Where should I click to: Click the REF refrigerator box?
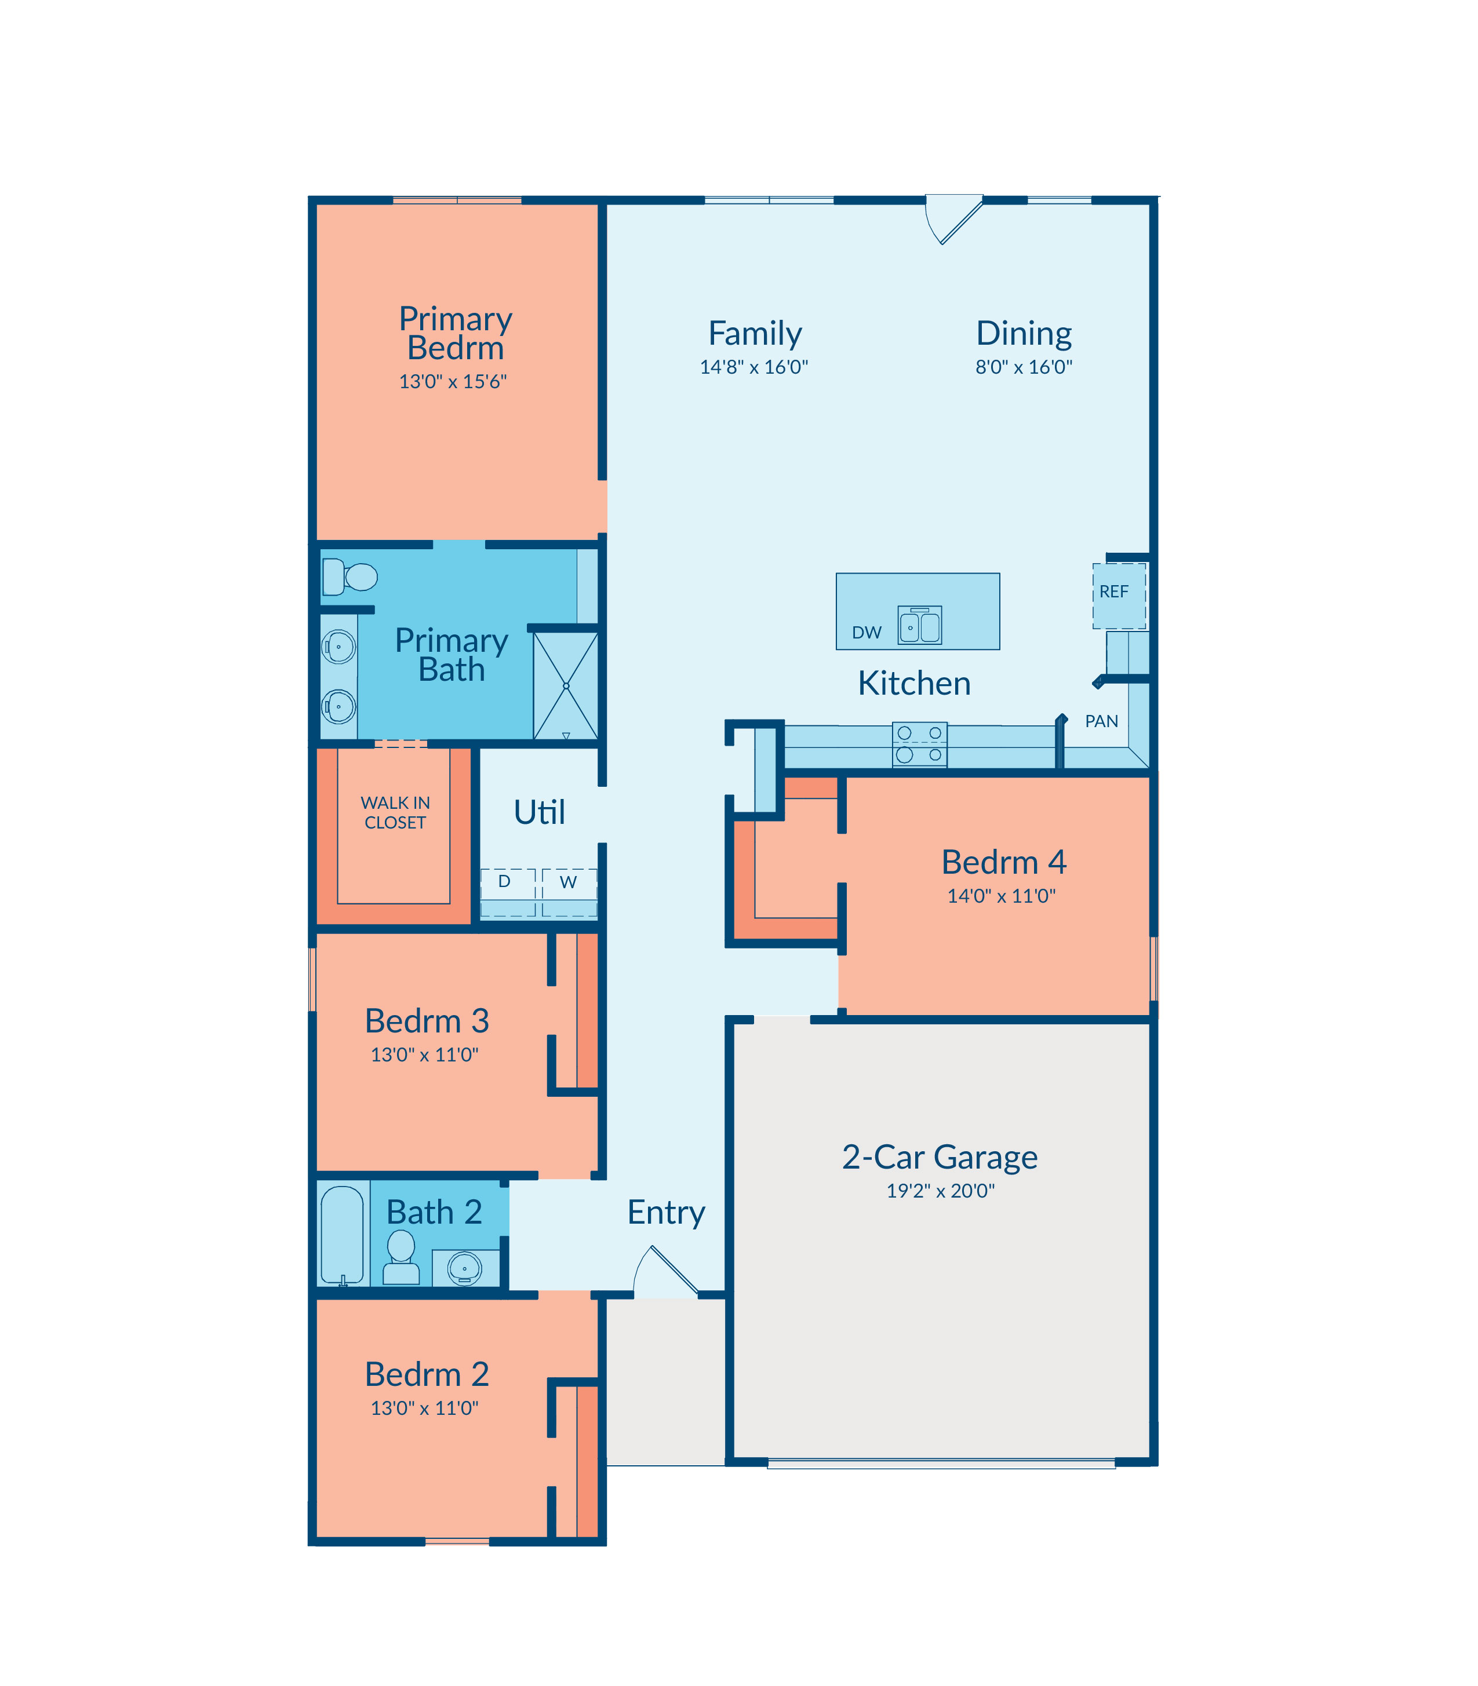tap(1119, 596)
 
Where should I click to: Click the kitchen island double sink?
tap(920, 625)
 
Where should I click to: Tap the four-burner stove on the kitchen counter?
tap(920, 745)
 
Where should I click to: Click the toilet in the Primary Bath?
tap(350, 576)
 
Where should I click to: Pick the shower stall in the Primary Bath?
tap(566, 686)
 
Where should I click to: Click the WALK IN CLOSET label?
tap(395, 812)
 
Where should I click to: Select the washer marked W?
tap(569, 892)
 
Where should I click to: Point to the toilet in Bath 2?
tap(401, 1257)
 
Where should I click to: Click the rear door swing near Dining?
tap(953, 220)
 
